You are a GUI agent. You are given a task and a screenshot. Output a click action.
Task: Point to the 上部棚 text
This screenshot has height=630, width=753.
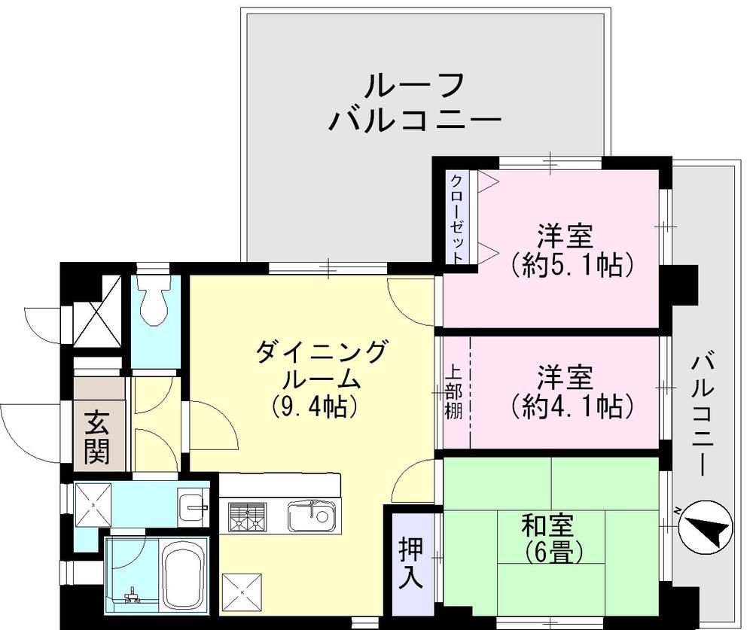pos(454,393)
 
